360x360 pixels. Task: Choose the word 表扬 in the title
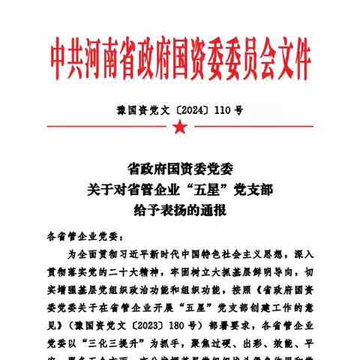point(172,211)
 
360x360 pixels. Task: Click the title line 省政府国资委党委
point(180,170)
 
